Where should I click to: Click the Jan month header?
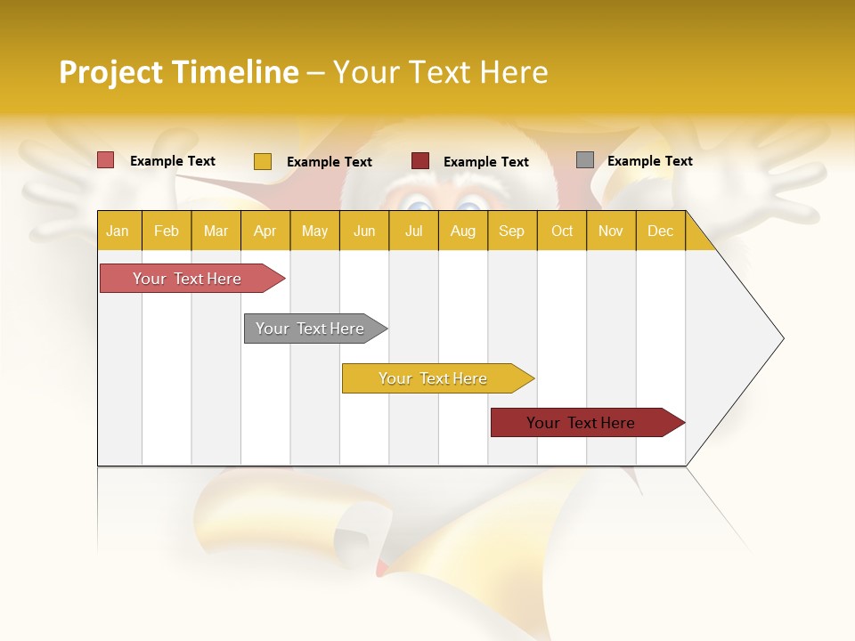[118, 231]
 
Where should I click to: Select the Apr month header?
[265, 231]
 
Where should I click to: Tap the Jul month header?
[413, 231]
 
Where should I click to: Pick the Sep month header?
[511, 231]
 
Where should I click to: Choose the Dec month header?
[660, 231]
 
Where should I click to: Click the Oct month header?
[561, 231]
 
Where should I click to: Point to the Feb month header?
[167, 231]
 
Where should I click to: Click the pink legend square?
[105, 160]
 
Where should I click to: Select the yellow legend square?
[262, 161]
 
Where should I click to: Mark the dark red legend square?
[419, 161]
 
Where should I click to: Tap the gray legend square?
[584, 160]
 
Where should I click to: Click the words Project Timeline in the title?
[178, 72]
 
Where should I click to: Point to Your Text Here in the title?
[440, 72]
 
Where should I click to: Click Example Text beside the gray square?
[649, 161]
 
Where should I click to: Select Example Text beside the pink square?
[172, 161]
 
